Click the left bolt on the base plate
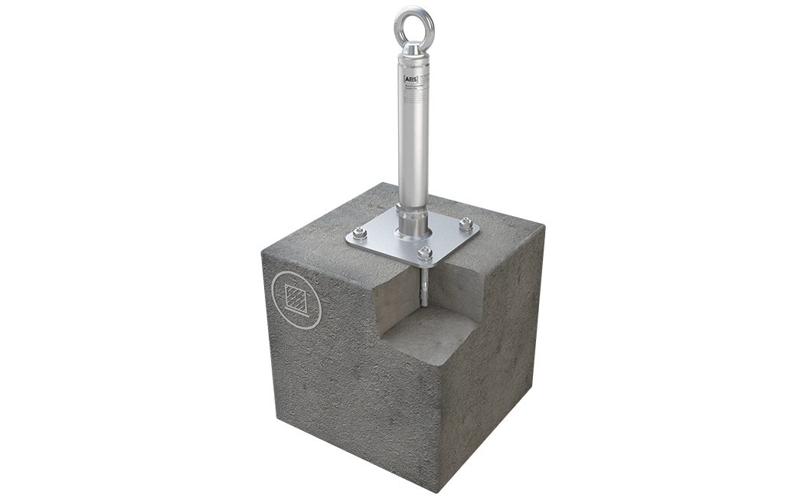pos(358,233)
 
